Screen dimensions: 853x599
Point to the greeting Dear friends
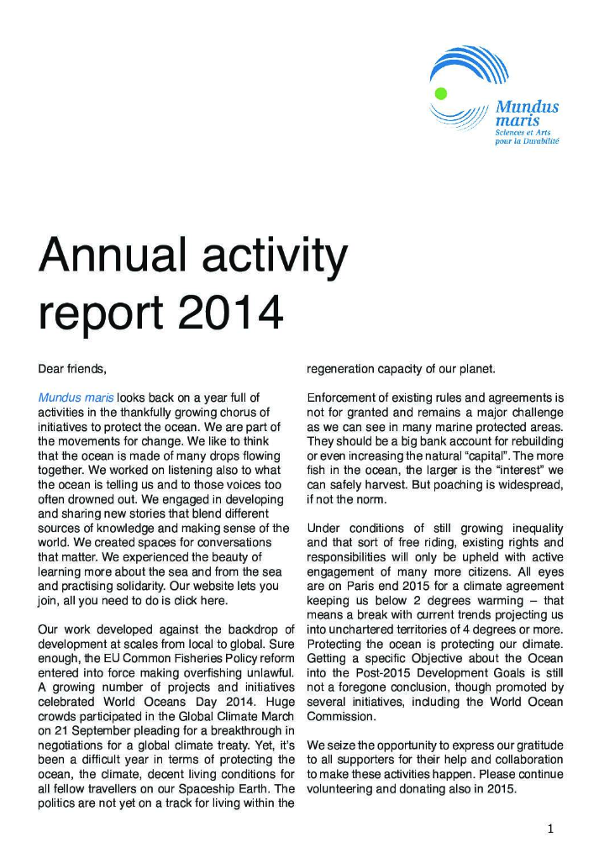pyautogui.click(x=73, y=368)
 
